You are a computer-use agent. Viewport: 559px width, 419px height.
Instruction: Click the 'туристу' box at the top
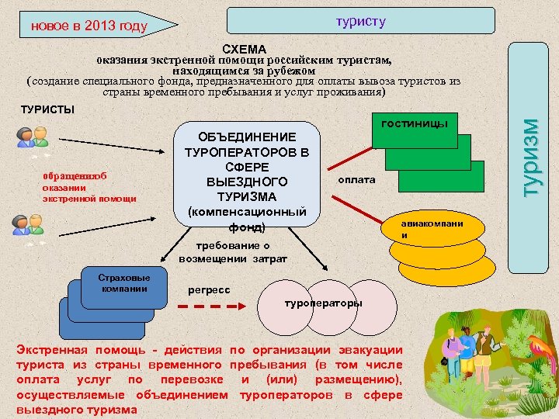(360, 21)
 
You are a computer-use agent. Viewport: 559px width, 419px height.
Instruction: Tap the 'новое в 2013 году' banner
(89, 27)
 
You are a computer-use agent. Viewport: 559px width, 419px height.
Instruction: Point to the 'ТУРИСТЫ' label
(48, 109)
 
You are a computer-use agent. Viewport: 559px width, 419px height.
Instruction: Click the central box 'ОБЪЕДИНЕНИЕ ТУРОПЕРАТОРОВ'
(248, 174)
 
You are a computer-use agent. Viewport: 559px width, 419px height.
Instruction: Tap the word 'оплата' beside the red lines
(356, 179)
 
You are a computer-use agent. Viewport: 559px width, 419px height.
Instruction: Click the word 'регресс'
(209, 289)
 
